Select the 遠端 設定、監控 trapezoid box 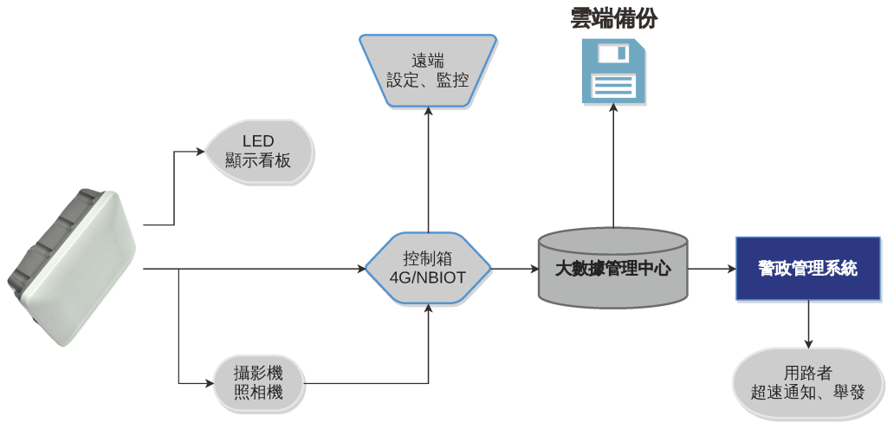[x=428, y=70]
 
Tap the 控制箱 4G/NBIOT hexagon [x=428, y=269]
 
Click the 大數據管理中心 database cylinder [x=613, y=269]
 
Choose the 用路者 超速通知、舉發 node [x=808, y=382]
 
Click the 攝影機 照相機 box [x=259, y=382]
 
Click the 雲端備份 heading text [x=613, y=18]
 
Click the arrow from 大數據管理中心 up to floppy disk [x=613, y=165]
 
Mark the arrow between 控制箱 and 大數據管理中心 [x=515, y=269]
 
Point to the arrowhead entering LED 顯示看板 [x=200, y=151]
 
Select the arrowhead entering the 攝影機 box [x=208, y=382]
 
